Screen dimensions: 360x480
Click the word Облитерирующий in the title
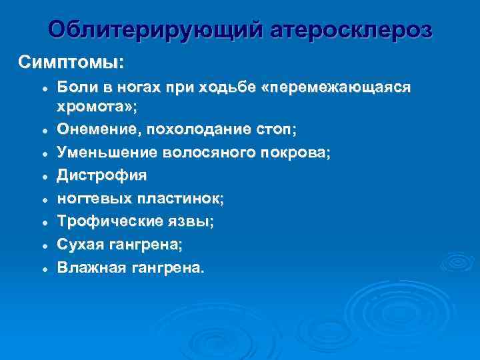coord(157,30)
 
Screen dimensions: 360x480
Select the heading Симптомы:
coord(70,63)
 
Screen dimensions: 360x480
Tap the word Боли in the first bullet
coord(76,87)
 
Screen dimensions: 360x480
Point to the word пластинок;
coord(178,199)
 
